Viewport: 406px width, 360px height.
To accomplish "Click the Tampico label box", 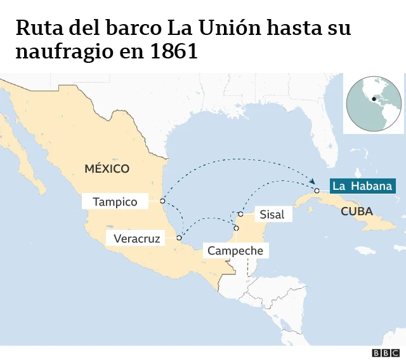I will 115,201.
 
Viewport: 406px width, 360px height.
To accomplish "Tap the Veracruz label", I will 136,239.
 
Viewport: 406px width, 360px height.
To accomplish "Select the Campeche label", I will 235,251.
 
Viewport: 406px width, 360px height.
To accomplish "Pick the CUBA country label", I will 357,211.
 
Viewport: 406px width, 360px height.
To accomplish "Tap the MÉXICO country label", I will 107,168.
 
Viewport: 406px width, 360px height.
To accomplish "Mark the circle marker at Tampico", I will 162,201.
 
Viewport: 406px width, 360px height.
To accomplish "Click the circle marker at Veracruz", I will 179,239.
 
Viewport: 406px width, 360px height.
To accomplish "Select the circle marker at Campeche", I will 236,228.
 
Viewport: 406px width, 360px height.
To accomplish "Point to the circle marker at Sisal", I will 240,214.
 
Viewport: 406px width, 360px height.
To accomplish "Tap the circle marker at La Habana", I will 317,190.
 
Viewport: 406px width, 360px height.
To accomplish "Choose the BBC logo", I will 385,352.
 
